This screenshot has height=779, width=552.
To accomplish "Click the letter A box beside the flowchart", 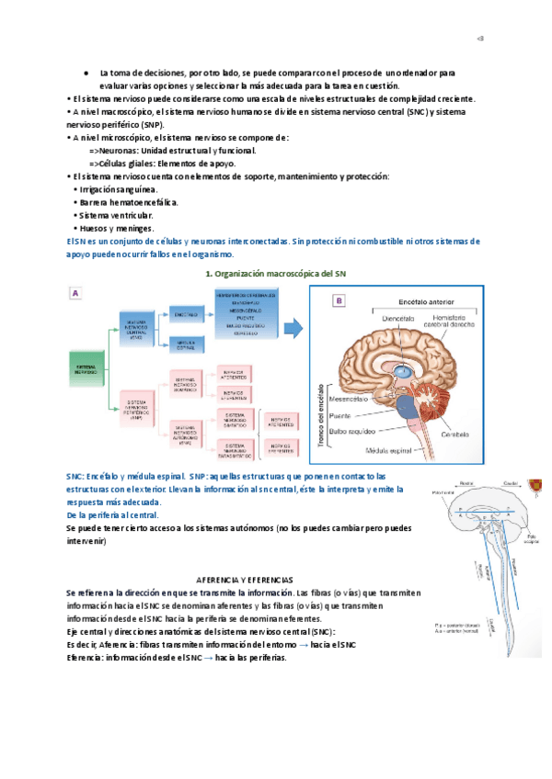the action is click(76, 293).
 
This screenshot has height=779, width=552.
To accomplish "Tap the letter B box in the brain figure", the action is click(339, 300).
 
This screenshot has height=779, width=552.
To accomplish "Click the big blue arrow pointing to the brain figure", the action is click(293, 326).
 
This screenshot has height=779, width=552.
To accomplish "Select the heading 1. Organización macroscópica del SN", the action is click(275, 274).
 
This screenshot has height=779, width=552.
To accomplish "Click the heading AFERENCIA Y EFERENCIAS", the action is click(246, 581).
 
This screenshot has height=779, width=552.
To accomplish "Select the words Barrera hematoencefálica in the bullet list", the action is click(129, 202).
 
